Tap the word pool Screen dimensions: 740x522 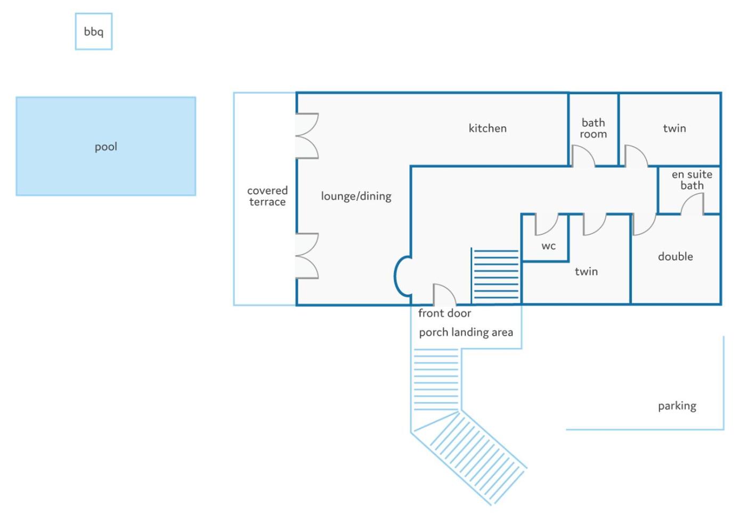click(x=105, y=146)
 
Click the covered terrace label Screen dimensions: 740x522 click(x=267, y=196)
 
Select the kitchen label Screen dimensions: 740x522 click(x=487, y=128)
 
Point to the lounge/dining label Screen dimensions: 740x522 click(x=356, y=196)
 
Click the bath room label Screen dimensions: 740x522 click(x=593, y=128)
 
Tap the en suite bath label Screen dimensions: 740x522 click(x=692, y=180)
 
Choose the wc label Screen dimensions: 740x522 click(x=548, y=246)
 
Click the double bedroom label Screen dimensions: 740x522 click(x=675, y=256)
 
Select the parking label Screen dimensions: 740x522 click(x=677, y=406)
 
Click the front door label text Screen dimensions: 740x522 click(x=444, y=313)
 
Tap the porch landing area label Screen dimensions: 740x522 click(x=466, y=332)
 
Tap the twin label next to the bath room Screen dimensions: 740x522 click(x=674, y=128)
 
